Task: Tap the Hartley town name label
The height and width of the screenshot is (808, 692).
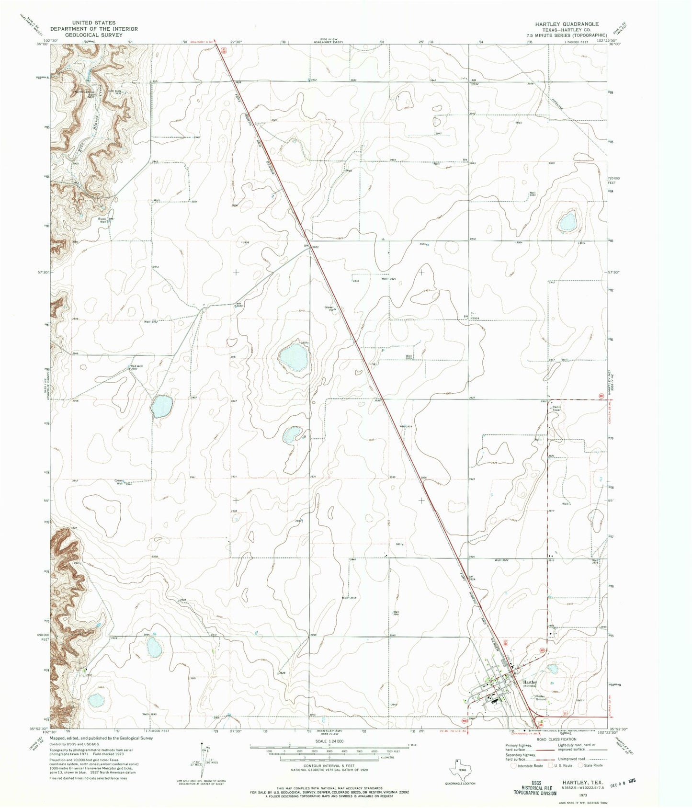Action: coord(530,682)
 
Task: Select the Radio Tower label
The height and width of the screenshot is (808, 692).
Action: coord(556,408)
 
